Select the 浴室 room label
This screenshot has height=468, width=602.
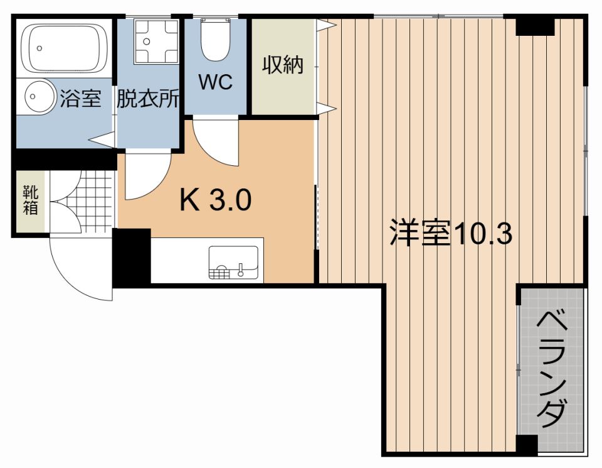tap(81, 99)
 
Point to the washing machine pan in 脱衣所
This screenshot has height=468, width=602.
tap(150, 40)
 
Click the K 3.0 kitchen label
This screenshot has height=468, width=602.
tap(216, 200)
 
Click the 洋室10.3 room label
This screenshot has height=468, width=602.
tap(451, 233)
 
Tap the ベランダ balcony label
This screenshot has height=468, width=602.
tap(552, 368)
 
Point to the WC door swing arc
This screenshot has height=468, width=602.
tap(216, 144)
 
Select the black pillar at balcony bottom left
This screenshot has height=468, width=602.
tap(527, 444)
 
